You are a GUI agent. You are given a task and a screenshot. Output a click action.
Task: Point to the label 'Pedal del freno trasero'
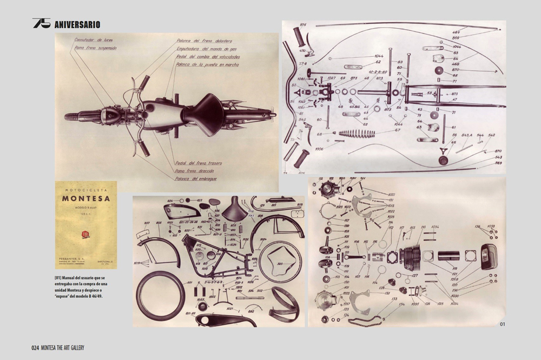point(199,163)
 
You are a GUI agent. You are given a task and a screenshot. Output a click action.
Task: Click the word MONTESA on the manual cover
point(86,198)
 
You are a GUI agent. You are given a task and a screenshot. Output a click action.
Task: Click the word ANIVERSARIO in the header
point(77,24)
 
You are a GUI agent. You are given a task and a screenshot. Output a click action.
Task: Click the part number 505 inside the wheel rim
point(280,263)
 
